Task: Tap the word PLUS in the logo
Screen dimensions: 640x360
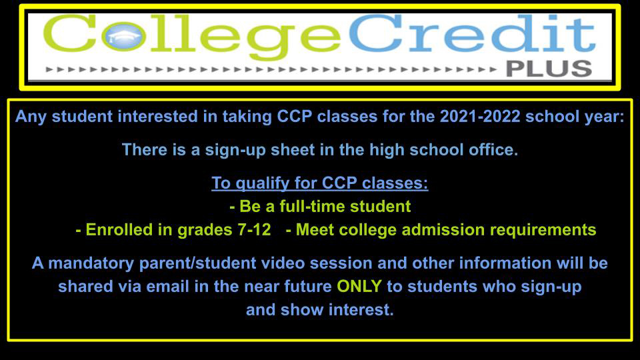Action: click(549, 69)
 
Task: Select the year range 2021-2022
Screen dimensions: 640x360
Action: click(480, 117)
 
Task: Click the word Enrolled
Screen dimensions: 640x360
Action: click(119, 230)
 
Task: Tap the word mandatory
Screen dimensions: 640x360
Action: click(91, 263)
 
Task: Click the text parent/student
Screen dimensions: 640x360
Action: click(197, 263)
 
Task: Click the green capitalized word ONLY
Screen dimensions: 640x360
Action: click(359, 286)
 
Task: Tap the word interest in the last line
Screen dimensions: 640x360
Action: click(361, 310)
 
